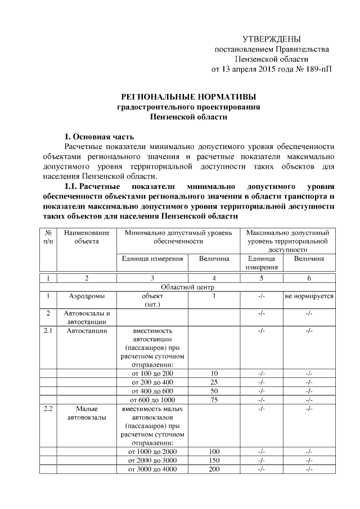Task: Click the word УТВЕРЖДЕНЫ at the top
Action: click(x=272, y=39)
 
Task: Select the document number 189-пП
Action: click(x=318, y=70)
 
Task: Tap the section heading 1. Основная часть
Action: click(x=99, y=137)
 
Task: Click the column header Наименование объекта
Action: click(x=86, y=237)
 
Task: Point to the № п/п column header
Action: click(x=48, y=237)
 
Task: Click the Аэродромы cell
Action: click(x=87, y=296)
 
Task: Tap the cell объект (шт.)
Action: click(x=152, y=300)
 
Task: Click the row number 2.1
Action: click(x=48, y=331)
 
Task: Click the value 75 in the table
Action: click(x=214, y=399)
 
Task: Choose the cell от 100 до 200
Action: click(x=152, y=373)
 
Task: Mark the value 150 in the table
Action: click(x=214, y=460)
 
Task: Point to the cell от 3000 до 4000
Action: click(x=152, y=469)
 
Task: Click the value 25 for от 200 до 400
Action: click(x=214, y=382)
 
